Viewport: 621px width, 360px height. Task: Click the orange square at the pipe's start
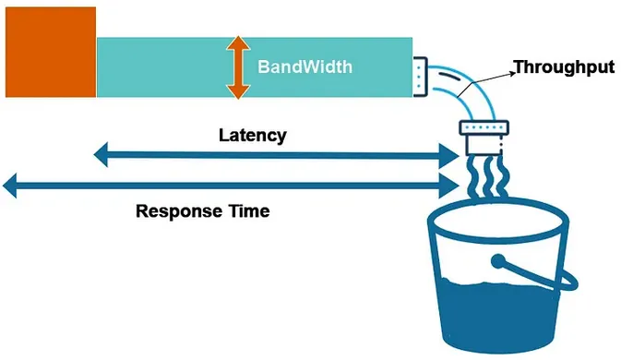click(x=50, y=52)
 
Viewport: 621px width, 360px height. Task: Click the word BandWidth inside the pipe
click(x=304, y=67)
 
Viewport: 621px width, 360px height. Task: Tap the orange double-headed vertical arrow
click(x=238, y=67)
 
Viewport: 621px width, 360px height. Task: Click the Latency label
click(x=252, y=135)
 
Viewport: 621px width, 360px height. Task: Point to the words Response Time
click(x=202, y=210)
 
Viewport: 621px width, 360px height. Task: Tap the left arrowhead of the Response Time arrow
click(x=12, y=186)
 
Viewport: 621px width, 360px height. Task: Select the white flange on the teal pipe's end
click(x=421, y=77)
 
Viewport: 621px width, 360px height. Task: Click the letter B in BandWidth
click(x=263, y=67)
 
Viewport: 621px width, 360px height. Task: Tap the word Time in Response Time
click(x=249, y=210)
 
